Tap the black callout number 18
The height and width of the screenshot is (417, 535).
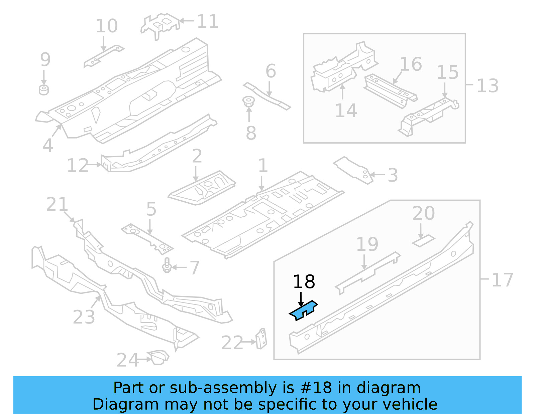304,282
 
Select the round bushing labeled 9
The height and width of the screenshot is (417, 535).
44,90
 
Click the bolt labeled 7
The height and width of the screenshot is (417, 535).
167,265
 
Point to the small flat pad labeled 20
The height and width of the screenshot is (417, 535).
423,241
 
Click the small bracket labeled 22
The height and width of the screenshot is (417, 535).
262,339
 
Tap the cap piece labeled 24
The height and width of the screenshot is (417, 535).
158,357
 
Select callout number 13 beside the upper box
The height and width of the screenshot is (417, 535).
487,86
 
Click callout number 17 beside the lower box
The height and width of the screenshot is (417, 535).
502,280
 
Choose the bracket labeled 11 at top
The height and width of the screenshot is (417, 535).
160,25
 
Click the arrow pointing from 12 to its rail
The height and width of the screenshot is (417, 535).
95,165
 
